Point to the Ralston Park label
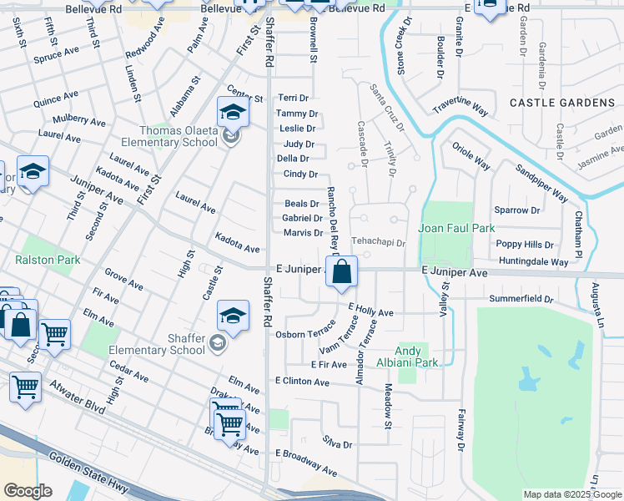48,260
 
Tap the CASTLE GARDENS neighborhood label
561,103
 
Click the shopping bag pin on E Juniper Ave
341,271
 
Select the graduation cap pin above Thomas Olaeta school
233,112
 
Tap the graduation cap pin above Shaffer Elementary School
233,316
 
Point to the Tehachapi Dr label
377,243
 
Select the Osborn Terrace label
304,334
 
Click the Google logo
28,491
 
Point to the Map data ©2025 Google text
571,494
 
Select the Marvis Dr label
303,233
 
